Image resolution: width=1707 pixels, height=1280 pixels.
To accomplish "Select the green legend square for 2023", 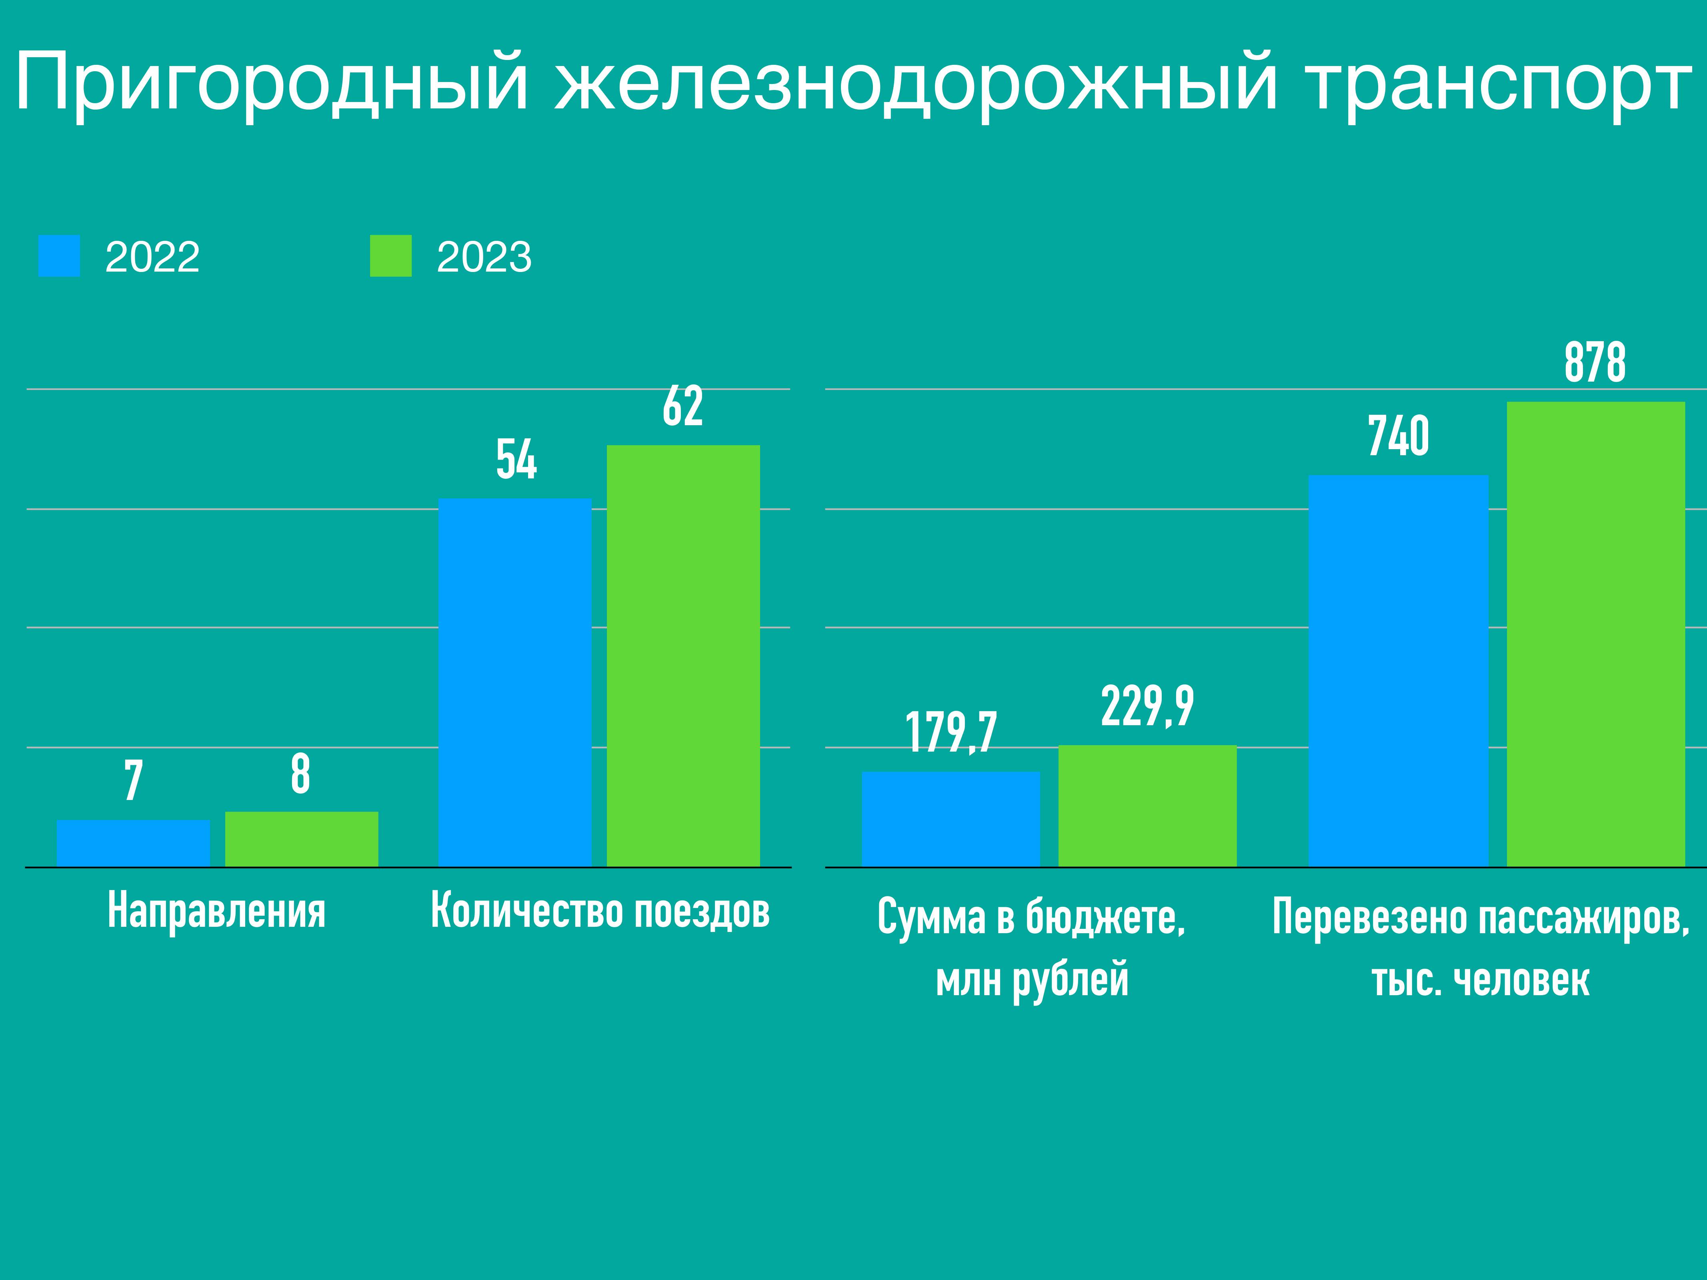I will [x=390, y=256].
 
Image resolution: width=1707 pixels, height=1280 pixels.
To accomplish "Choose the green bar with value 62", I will [x=683, y=656].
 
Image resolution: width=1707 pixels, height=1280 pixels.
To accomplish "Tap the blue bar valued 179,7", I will [x=951, y=819].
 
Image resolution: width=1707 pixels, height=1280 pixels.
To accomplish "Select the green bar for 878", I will [x=1595, y=634].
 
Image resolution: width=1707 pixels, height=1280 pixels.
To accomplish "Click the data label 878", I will [x=1595, y=363].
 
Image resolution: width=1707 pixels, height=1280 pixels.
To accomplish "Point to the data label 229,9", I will [x=1147, y=706].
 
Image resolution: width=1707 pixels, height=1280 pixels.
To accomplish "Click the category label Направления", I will [x=217, y=911].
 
